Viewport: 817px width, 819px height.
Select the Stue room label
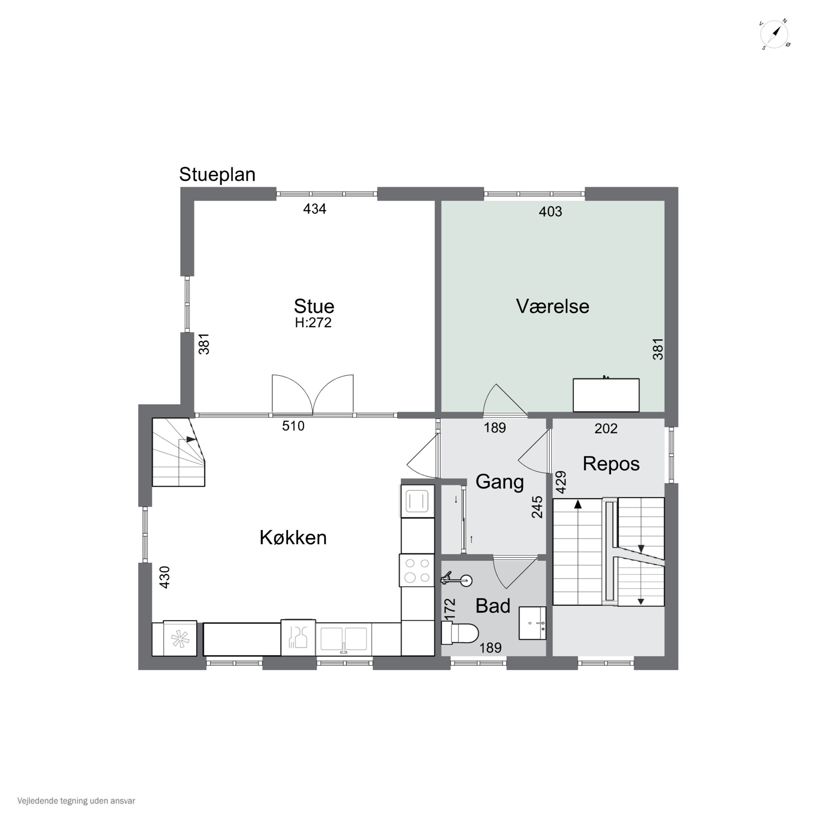[x=314, y=306]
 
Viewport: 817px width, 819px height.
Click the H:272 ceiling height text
[x=314, y=323]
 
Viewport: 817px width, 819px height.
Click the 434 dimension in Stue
[x=315, y=209]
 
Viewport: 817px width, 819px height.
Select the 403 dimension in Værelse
[x=551, y=212]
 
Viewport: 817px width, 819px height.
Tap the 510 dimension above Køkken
[x=293, y=426]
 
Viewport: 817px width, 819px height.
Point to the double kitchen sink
[x=344, y=639]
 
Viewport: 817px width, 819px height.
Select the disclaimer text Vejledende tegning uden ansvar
[x=76, y=801]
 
